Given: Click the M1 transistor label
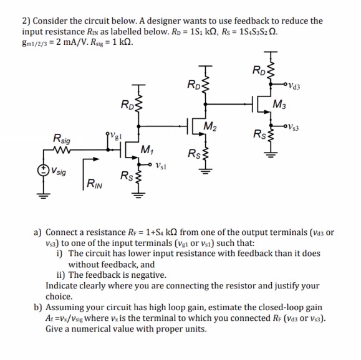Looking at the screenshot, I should pyautogui.click(x=148, y=149).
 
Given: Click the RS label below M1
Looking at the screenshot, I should pyautogui.click(x=126, y=175).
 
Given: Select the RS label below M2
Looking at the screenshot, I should pyautogui.click(x=193, y=154).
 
